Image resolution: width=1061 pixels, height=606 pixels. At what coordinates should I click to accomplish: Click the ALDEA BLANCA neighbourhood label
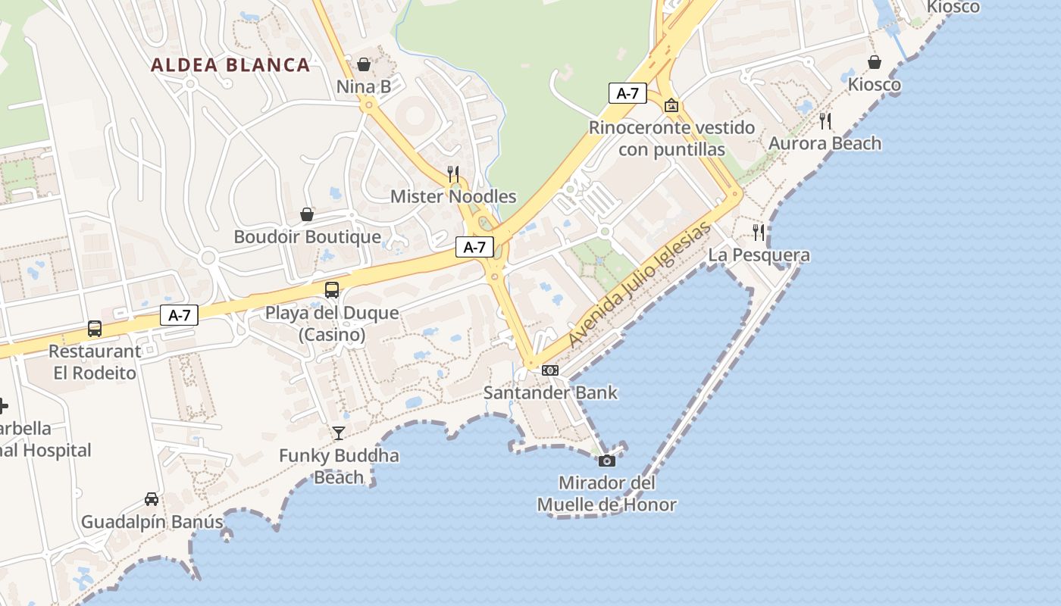(230, 65)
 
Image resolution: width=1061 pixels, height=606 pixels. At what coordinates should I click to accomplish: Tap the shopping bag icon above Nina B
(364, 64)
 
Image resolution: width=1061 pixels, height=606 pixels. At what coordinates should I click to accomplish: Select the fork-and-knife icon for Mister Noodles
(453, 174)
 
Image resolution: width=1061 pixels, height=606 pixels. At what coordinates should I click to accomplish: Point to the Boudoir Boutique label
(307, 237)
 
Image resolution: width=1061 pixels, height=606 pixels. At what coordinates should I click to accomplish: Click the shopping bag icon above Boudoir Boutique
(307, 214)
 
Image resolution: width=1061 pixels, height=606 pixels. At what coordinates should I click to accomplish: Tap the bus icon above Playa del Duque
(332, 289)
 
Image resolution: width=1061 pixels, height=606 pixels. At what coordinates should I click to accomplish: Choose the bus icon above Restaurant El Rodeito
(95, 329)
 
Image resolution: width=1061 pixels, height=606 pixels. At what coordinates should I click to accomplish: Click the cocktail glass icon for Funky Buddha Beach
(339, 433)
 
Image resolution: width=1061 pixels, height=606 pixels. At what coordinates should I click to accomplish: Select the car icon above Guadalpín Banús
(152, 499)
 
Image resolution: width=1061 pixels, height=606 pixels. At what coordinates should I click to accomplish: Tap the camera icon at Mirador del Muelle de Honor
(607, 461)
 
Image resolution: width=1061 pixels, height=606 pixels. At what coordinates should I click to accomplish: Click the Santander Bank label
(550, 393)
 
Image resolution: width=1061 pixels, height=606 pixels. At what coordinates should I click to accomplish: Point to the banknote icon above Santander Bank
(551, 370)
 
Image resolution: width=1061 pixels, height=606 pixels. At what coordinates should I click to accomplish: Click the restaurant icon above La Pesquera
(759, 233)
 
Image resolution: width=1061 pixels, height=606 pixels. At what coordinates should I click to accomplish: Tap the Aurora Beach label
(825, 143)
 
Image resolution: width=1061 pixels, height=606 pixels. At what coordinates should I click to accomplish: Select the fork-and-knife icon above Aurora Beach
(825, 120)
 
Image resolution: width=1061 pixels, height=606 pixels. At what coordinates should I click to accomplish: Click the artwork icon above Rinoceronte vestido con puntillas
(671, 105)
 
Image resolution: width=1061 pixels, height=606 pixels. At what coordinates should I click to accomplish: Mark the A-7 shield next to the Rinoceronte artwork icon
(628, 94)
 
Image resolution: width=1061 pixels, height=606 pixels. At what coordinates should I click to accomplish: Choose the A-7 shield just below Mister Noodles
(474, 247)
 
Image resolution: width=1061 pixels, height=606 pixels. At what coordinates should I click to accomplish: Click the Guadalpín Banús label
(152, 522)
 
